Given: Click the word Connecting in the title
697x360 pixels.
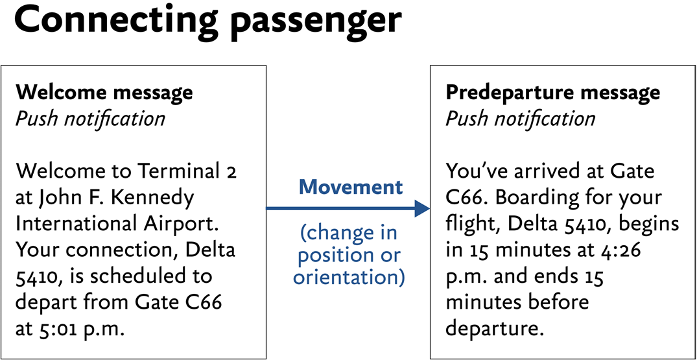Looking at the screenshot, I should click(x=117, y=21).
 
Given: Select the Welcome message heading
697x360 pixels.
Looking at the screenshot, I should click(x=104, y=92).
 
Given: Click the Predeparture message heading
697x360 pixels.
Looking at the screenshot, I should click(x=552, y=92).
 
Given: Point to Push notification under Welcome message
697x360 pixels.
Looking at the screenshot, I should click(x=90, y=119).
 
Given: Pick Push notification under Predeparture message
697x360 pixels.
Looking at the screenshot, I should click(x=520, y=119).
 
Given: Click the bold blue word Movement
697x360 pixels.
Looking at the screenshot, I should click(x=351, y=187).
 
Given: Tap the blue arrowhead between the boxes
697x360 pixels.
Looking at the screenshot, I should click(x=422, y=208).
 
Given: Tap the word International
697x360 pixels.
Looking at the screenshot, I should click(x=74, y=224).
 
